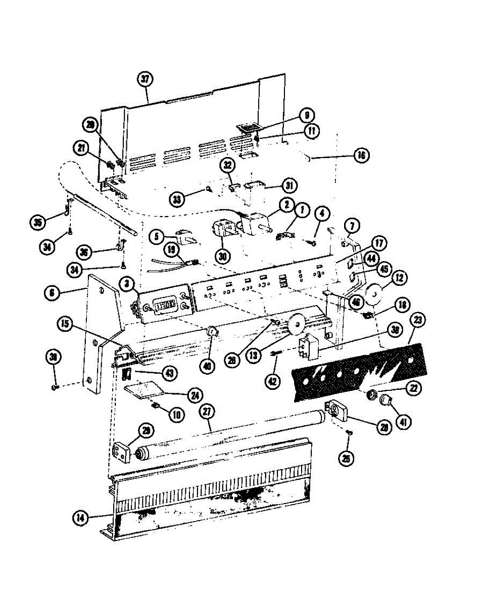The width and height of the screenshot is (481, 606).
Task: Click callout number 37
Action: tap(147, 79)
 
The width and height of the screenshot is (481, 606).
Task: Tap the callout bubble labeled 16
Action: tap(361, 155)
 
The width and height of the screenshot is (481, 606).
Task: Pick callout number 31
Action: tap(288, 186)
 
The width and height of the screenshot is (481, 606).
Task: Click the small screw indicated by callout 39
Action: tap(56, 387)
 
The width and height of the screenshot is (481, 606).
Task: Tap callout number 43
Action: tap(169, 373)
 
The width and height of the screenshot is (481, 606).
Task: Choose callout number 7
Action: tap(352, 224)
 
